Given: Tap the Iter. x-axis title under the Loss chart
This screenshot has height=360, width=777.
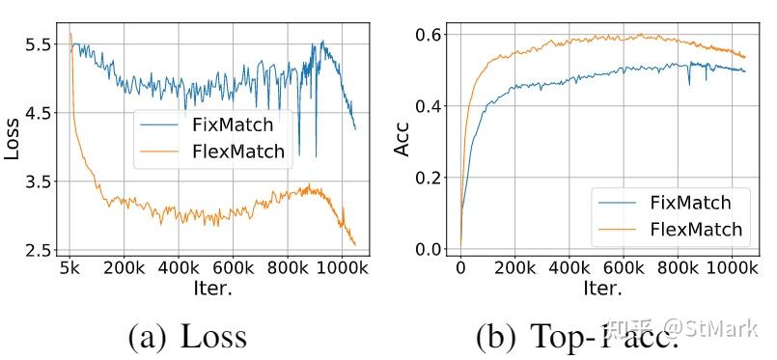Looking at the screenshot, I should (211, 287).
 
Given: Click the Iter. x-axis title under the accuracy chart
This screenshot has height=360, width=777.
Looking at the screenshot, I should (604, 287).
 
